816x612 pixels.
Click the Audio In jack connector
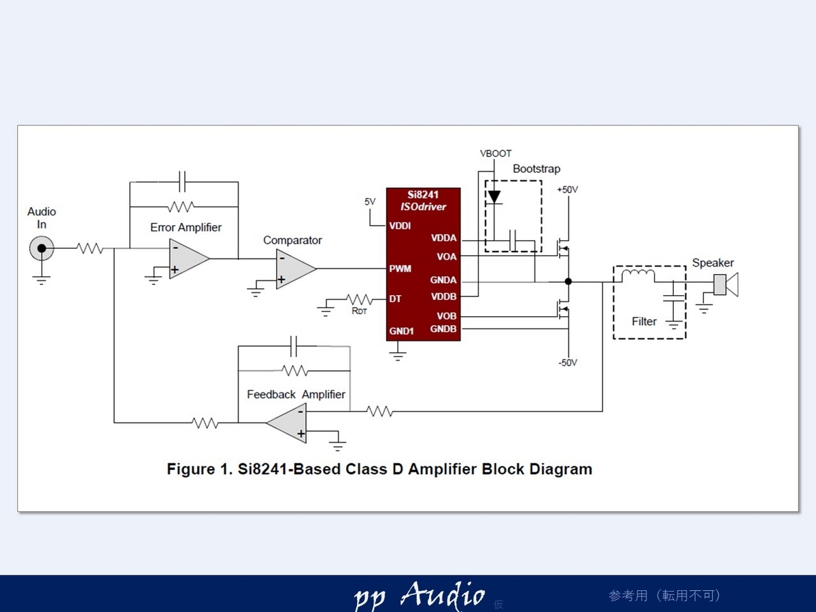point(41,248)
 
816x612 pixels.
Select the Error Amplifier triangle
point(188,258)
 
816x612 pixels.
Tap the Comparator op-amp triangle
point(296,269)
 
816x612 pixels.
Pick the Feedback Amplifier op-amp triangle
point(287,423)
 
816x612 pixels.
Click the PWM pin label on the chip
point(400,269)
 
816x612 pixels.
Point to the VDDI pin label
point(400,226)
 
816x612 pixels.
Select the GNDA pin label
point(443,279)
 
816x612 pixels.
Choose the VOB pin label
point(447,316)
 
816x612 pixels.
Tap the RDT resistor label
point(359,311)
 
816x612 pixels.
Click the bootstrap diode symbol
point(494,197)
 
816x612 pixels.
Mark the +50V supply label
point(567,190)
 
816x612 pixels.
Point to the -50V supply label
point(568,362)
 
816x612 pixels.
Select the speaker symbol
point(726,285)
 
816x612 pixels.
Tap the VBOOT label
point(496,154)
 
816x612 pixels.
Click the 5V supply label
point(370,202)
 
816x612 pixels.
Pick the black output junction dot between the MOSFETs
point(568,282)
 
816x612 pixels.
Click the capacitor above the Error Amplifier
point(182,182)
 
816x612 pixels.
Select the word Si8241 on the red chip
point(423,194)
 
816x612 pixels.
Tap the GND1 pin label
point(401,331)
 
